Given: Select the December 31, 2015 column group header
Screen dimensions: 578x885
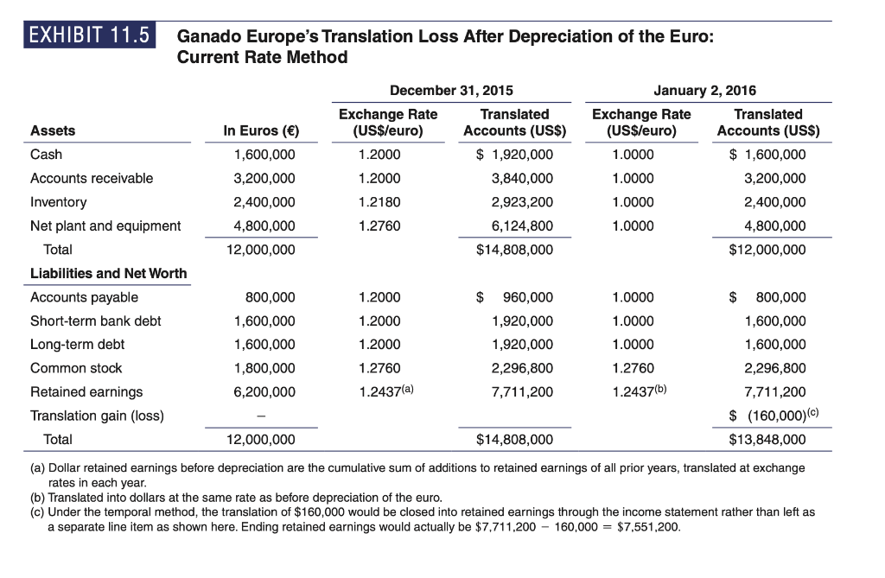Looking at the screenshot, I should point(451,90).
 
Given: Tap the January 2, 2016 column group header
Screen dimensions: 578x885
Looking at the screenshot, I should point(706,90).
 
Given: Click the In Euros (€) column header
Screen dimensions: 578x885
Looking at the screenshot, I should point(258,131).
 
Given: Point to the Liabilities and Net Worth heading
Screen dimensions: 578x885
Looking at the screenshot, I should point(108,273).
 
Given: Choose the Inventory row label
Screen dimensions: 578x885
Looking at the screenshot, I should point(59,202).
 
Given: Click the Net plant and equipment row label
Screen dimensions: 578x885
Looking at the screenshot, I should point(105,226).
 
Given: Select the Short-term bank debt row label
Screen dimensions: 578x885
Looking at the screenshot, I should point(95,321).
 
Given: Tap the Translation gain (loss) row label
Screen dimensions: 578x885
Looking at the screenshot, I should point(97,416).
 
